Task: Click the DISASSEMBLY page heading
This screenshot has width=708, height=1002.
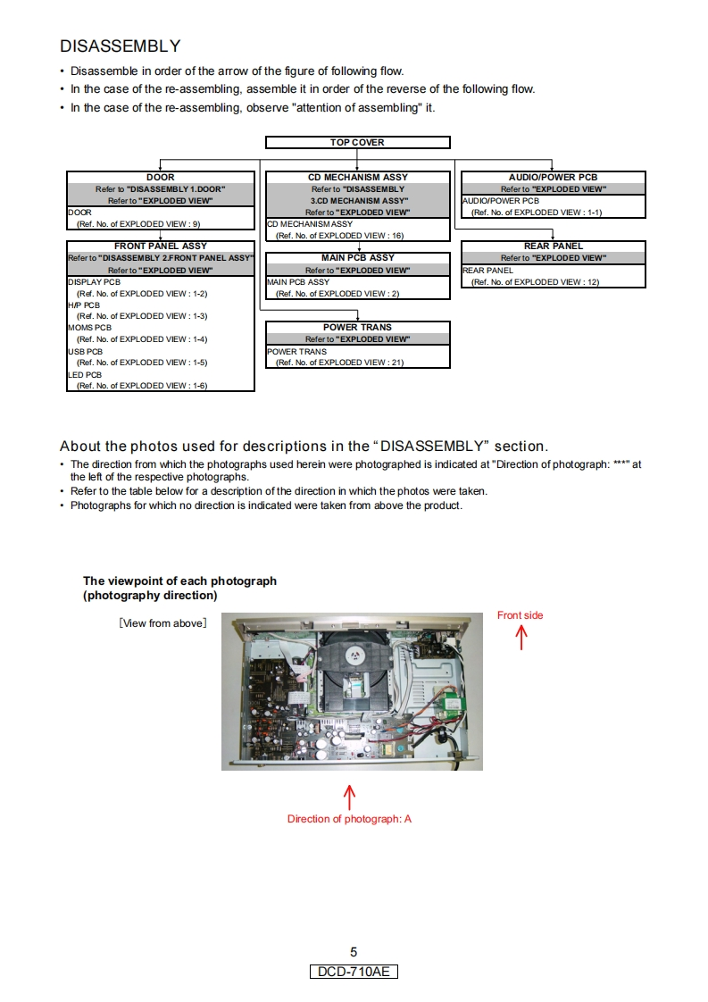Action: (x=120, y=46)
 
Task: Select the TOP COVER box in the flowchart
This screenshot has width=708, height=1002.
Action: (x=357, y=142)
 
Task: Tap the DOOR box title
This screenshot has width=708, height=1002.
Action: (x=161, y=177)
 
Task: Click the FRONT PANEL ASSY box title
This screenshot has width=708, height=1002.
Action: (x=161, y=246)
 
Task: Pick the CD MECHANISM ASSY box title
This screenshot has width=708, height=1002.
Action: (x=357, y=177)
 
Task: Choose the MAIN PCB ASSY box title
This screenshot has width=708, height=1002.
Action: (x=357, y=257)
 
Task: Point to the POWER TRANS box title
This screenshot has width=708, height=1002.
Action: (x=357, y=327)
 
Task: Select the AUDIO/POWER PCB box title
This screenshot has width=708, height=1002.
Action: (x=553, y=177)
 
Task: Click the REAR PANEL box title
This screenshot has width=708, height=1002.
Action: (x=553, y=246)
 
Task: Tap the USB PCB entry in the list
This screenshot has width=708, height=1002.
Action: (x=86, y=351)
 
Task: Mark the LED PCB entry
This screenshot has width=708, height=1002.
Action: (x=85, y=374)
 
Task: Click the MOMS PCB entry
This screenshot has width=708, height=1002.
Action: (x=89, y=328)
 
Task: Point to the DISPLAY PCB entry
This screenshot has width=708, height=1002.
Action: (x=94, y=281)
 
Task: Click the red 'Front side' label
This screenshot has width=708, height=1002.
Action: (x=520, y=615)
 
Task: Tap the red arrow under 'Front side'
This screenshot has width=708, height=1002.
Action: (x=521, y=637)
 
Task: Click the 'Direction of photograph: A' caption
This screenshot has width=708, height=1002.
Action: (x=349, y=819)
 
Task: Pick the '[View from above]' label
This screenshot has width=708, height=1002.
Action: (x=162, y=623)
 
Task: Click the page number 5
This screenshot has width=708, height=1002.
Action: (x=354, y=952)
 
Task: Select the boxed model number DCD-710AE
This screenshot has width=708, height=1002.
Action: (x=354, y=972)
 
